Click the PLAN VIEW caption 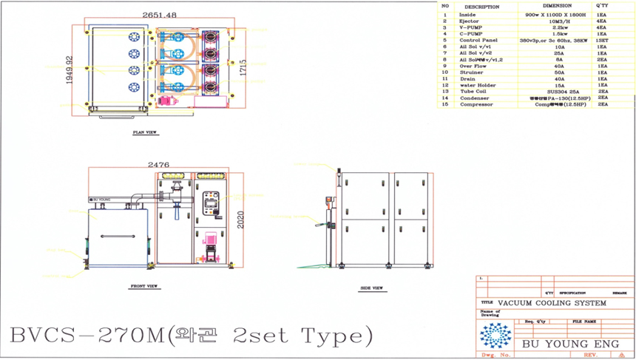point(144,133)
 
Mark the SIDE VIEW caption point(371,288)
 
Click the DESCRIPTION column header point(482,7)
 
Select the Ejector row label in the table point(470,21)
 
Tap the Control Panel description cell point(478,40)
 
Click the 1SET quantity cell point(602,40)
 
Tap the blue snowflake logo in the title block point(495,336)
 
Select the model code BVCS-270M point(86,336)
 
